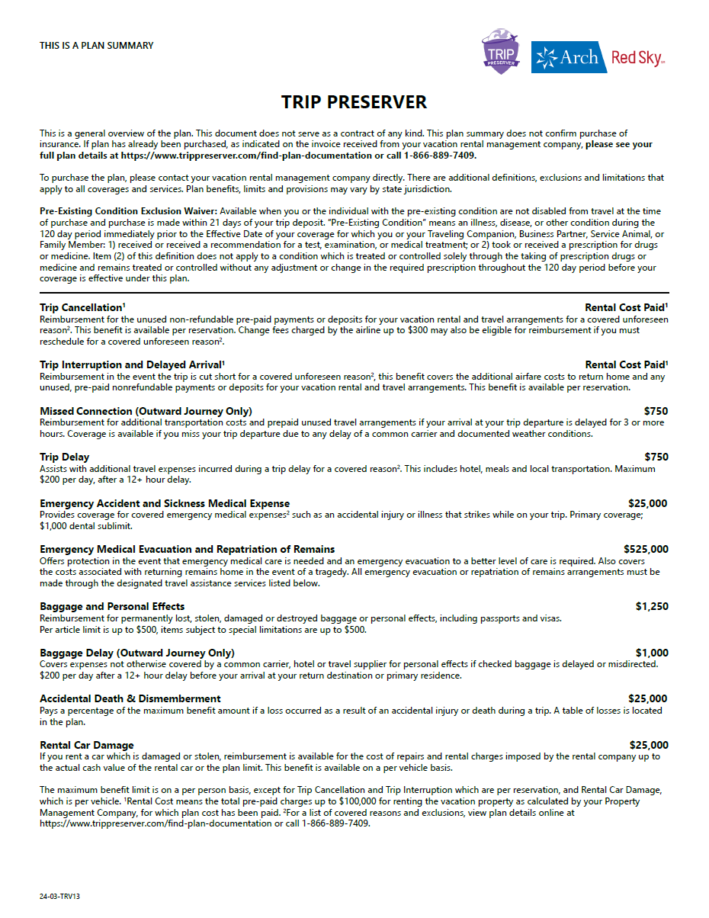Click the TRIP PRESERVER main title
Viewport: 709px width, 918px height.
[x=354, y=102]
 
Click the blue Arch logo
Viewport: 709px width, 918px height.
[x=568, y=57]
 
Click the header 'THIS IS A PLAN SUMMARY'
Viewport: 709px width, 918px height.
[x=96, y=46]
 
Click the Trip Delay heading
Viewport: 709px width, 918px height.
[x=65, y=457]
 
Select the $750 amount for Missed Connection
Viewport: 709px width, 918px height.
[x=656, y=411]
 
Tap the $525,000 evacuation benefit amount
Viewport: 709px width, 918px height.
[x=646, y=549]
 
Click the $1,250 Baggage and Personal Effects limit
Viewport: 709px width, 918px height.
[x=652, y=606]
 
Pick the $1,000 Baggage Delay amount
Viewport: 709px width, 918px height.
[x=652, y=653]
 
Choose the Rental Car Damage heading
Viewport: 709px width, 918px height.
[x=87, y=745]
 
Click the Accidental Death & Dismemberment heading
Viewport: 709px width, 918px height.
[x=130, y=698]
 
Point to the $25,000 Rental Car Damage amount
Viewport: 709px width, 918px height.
[x=648, y=745]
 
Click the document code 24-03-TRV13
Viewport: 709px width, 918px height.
[x=59, y=897]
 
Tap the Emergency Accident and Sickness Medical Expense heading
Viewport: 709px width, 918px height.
[x=165, y=503]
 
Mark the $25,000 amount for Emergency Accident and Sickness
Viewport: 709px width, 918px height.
[x=648, y=503]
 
